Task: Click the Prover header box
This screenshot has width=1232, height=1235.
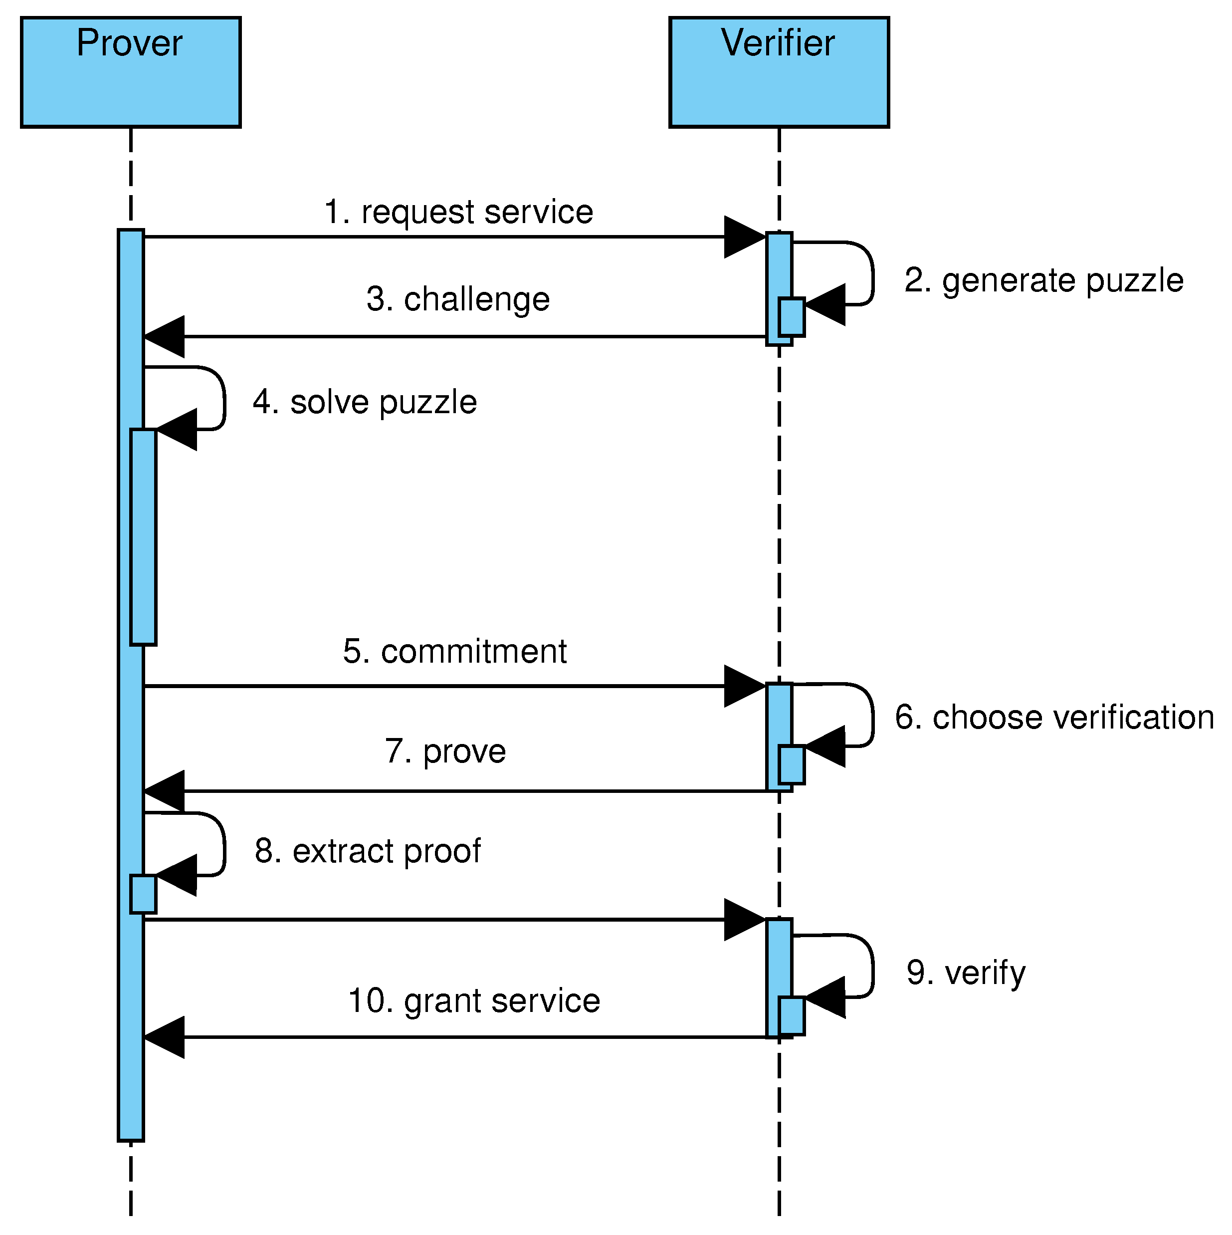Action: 131,72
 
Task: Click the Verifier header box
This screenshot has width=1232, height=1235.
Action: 779,72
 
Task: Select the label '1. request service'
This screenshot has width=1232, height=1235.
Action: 459,212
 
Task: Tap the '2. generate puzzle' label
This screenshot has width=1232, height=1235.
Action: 1044,280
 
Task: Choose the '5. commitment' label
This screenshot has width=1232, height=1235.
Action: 455,651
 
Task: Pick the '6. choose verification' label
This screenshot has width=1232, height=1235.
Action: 1054,717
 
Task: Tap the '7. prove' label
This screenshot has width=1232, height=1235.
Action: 445,751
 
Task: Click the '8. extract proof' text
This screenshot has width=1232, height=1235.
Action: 368,851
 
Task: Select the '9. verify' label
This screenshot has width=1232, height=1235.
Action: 966,972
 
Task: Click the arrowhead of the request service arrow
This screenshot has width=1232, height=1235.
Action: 745,237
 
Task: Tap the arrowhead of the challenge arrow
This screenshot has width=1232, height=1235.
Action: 164,336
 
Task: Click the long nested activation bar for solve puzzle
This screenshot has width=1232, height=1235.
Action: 143,537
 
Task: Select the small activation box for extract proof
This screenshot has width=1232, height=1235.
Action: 143,894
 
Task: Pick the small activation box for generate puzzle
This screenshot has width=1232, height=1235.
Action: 792,317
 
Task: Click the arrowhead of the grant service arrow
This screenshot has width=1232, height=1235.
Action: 164,1037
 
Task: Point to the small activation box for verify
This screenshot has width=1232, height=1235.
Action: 792,1016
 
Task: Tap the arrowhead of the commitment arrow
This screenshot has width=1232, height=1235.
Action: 745,687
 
